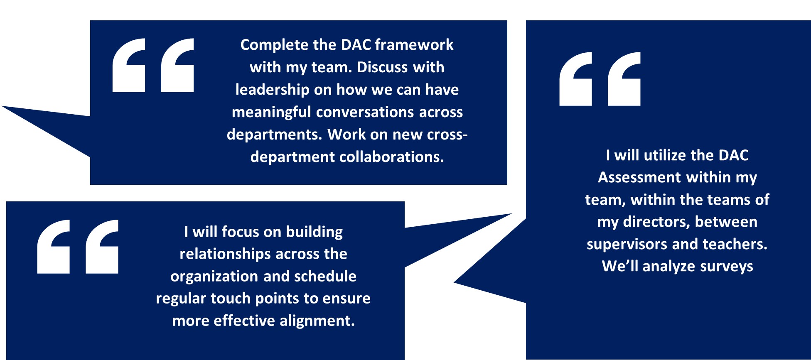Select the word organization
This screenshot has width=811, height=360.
[209, 277]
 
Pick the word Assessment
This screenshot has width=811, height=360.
[639, 178]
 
